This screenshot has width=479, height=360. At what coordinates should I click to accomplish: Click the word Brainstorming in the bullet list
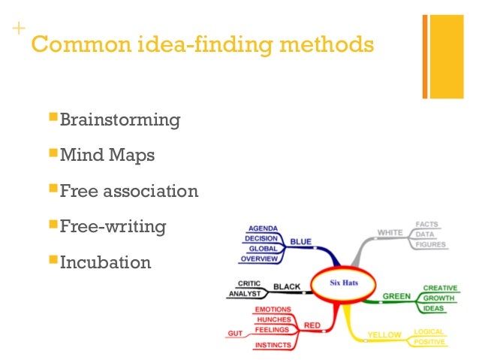120,120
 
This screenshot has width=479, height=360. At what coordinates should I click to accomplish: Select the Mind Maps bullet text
107,156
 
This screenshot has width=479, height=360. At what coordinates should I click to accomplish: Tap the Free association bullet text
129,191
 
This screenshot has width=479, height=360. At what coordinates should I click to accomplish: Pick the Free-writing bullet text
113,226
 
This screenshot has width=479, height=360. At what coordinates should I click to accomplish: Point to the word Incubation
105,262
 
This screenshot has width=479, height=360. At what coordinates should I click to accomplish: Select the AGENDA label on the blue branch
263,228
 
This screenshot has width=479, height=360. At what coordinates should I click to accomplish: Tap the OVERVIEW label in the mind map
260,259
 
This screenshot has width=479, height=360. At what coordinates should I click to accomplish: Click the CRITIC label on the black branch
249,283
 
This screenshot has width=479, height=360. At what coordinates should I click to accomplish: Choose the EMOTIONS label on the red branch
273,310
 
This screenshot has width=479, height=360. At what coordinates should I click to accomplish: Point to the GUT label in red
235,333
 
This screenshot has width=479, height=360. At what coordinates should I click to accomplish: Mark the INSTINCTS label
273,345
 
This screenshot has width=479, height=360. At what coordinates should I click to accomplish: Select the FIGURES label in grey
430,244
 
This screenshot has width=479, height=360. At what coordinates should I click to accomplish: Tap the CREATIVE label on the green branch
441,288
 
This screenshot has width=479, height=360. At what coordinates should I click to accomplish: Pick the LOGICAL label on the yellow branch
429,331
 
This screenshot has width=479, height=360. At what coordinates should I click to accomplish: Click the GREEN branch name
396,296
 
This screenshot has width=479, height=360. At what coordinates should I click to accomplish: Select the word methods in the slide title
327,45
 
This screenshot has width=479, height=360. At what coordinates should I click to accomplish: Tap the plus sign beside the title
17,29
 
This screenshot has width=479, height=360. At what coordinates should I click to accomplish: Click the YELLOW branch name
383,334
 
